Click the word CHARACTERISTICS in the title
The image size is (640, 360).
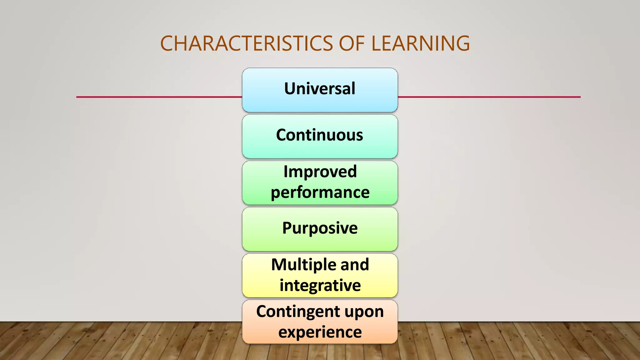247,43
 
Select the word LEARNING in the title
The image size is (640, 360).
420,43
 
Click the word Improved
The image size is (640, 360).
320,172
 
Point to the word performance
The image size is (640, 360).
320,192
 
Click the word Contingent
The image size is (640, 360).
294,312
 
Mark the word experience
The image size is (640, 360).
320,332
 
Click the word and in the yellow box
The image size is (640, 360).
355,265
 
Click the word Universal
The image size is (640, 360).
320,88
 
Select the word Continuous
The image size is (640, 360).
319,135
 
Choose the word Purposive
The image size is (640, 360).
320,228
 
